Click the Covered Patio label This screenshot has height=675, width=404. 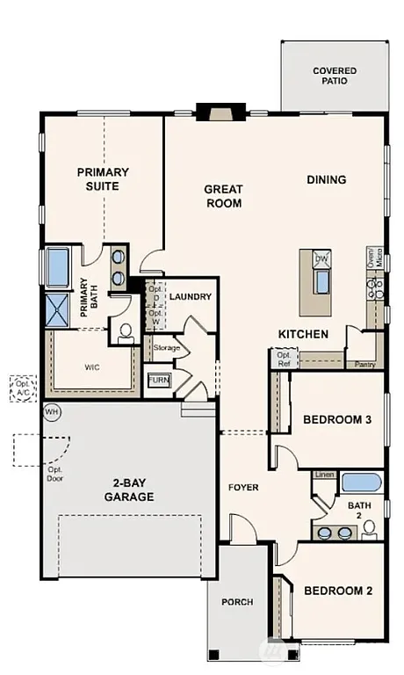pyautogui.click(x=335, y=75)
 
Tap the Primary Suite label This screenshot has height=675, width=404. pyautogui.click(x=104, y=178)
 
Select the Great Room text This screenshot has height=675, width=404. pyautogui.click(x=223, y=195)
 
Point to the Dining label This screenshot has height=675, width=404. pyautogui.click(x=326, y=179)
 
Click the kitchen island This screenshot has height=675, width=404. pyautogui.click(x=316, y=281)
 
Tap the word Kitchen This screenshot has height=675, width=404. pyautogui.click(x=303, y=334)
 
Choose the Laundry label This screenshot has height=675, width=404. pyautogui.click(x=191, y=297)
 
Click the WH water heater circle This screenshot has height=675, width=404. pyautogui.click(x=51, y=411)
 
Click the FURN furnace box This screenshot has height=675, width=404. pyautogui.click(x=159, y=381)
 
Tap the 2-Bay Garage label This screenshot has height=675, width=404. pyautogui.click(x=121, y=490)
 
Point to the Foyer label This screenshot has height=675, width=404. pyautogui.click(x=242, y=487)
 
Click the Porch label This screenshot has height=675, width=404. pyautogui.click(x=237, y=602)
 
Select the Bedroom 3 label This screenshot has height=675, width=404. pyautogui.click(x=337, y=420)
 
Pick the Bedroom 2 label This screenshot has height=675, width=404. pyautogui.click(x=338, y=591)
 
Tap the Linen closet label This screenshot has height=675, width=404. pyautogui.click(x=324, y=475)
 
